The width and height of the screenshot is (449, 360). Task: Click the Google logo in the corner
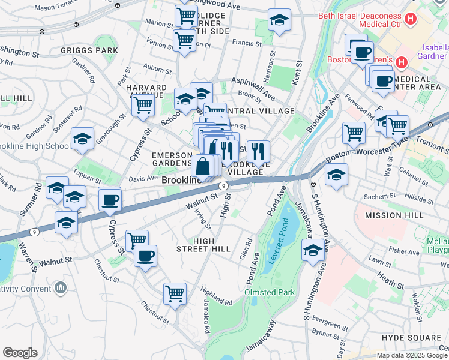(x=20, y=353)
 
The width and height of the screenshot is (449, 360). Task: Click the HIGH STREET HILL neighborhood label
(x=203, y=244)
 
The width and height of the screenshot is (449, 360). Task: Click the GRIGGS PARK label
(x=89, y=50)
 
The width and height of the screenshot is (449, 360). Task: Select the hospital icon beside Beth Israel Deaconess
(x=411, y=19)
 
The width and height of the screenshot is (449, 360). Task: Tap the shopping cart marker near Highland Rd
(x=175, y=293)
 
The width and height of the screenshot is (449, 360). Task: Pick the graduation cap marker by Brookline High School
(x=82, y=139)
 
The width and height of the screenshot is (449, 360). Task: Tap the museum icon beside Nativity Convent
(x=60, y=289)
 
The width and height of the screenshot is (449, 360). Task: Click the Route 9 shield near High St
(x=224, y=187)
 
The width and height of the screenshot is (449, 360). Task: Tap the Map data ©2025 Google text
(x=412, y=355)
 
